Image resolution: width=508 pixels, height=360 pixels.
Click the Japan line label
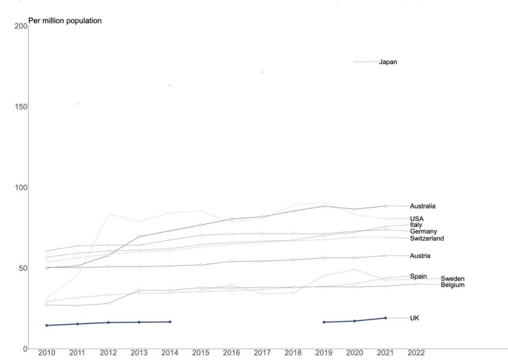point(388,62)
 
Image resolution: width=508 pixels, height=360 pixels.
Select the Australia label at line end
point(423,206)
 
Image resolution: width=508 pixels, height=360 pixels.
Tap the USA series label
point(417,219)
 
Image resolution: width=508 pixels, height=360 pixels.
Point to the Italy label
point(416,225)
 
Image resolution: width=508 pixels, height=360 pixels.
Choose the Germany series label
point(423,231)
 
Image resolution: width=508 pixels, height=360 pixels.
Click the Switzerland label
point(427,238)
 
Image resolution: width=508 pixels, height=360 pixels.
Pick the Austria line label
point(420,256)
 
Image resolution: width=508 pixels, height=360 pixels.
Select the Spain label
point(418,276)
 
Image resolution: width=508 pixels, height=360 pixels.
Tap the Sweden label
point(452,279)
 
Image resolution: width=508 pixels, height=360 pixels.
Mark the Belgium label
point(452,285)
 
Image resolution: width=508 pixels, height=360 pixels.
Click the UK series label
point(415,318)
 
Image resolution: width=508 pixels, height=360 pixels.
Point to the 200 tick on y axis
point(21,26)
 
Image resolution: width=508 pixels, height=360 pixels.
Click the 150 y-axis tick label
point(21,107)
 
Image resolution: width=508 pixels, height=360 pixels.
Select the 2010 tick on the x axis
point(47,353)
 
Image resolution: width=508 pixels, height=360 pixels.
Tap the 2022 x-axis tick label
point(416,353)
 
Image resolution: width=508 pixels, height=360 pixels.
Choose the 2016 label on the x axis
point(231,353)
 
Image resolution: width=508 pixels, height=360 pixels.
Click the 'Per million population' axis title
point(65,21)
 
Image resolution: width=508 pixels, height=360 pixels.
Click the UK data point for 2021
point(385,318)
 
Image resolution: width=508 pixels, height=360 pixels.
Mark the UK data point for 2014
point(170,322)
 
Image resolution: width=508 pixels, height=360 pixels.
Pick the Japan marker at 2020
point(354,62)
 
